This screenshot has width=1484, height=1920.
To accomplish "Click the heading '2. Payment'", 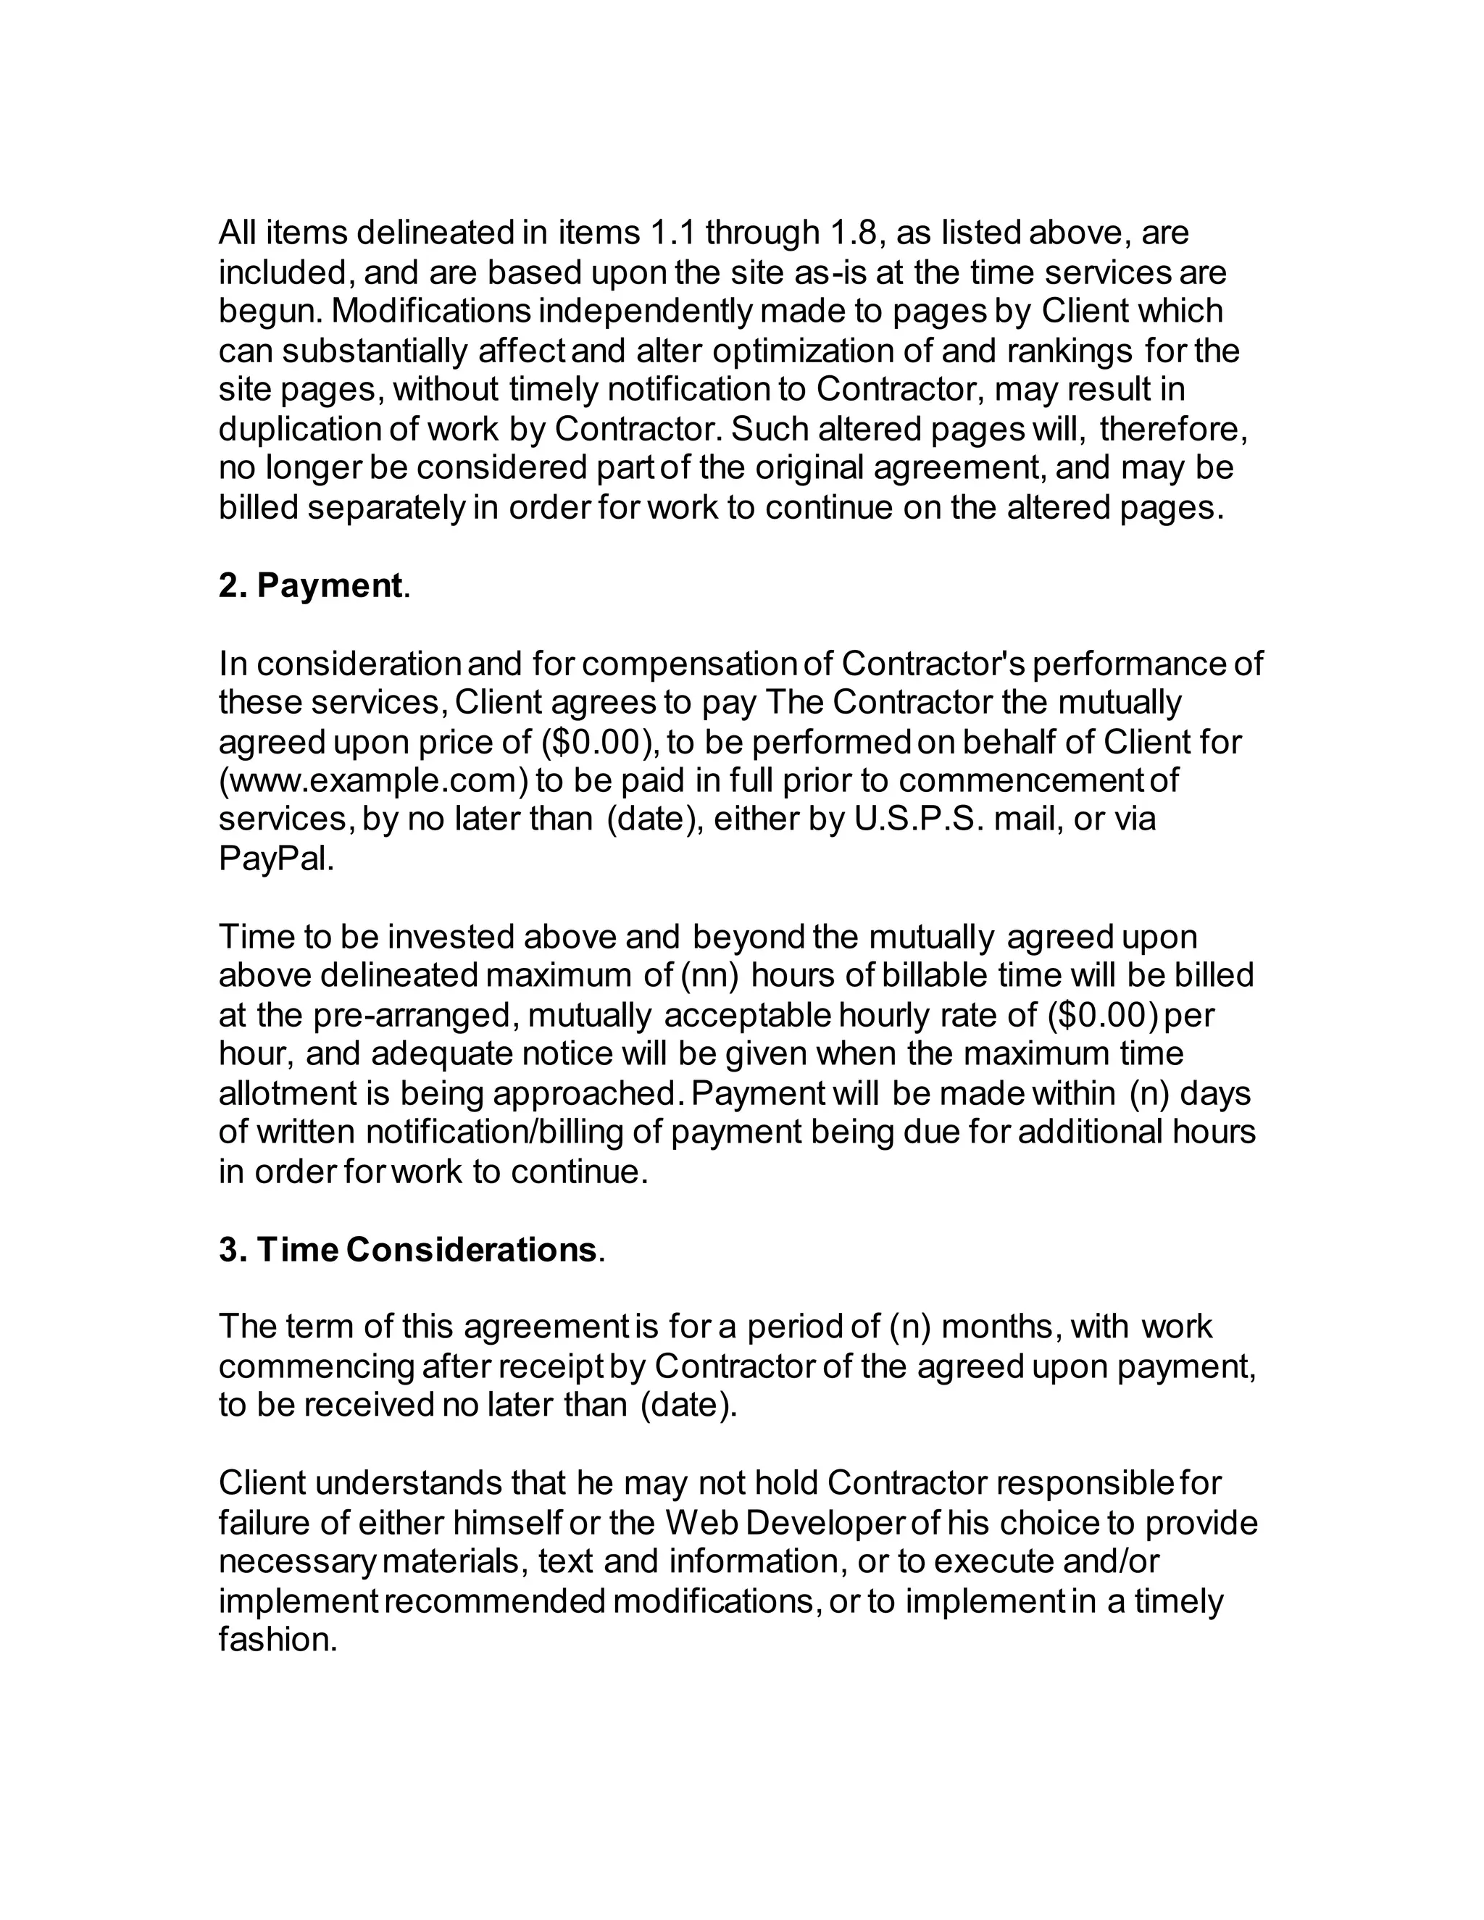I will click(312, 586).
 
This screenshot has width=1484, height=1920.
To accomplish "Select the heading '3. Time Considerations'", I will click(409, 1250).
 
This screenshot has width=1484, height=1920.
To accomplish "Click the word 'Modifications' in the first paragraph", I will click(431, 312).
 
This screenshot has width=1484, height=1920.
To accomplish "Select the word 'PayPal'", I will click(275, 859).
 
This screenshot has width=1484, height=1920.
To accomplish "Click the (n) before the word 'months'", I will click(910, 1327).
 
